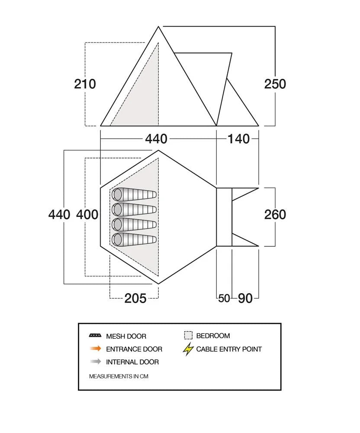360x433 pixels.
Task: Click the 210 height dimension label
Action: pyautogui.click(x=85, y=84)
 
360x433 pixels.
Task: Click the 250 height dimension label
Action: pyautogui.click(x=275, y=84)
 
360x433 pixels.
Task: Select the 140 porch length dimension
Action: pyautogui.click(x=238, y=139)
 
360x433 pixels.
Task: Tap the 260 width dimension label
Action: pyautogui.click(x=275, y=214)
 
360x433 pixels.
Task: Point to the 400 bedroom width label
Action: pyautogui.click(x=87, y=214)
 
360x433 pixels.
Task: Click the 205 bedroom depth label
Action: pyautogui.click(x=135, y=298)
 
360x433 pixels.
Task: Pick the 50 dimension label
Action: pyautogui.click(x=224, y=298)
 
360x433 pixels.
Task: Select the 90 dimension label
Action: pyautogui.click(x=245, y=298)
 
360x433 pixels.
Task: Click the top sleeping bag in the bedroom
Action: pyautogui.click(x=134, y=195)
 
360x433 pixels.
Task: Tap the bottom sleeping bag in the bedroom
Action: pyautogui.click(x=134, y=239)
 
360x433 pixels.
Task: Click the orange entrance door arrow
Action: pyautogui.click(x=96, y=349)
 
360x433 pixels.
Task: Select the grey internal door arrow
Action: pyautogui.click(x=96, y=362)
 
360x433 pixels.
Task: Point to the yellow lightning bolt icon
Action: pyautogui.click(x=188, y=349)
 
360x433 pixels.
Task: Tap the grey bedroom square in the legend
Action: pyautogui.click(x=188, y=336)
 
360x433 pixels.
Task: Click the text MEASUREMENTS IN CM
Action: pyautogui.click(x=119, y=376)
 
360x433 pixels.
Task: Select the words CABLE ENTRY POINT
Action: pyautogui.click(x=229, y=349)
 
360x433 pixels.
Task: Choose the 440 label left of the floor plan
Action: pyautogui.click(x=59, y=214)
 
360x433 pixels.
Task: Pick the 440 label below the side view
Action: pyautogui.click(x=156, y=139)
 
